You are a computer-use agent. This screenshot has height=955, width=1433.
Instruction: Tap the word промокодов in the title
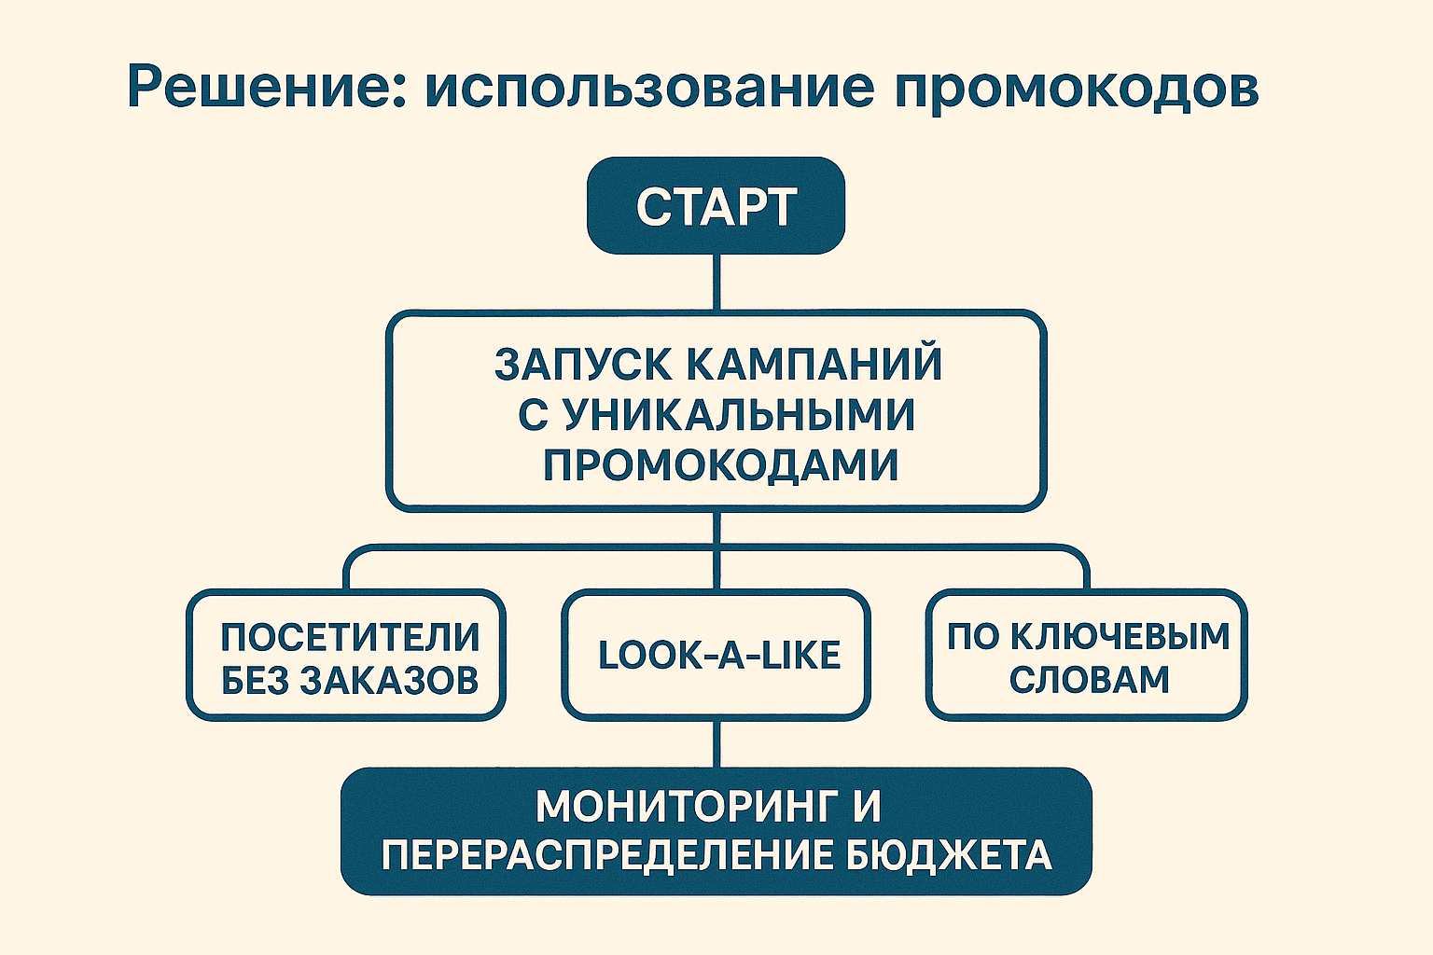coord(1077,87)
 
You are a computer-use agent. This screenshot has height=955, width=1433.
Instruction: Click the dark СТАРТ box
coord(716,206)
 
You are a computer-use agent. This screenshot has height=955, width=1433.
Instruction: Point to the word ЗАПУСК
coord(583,364)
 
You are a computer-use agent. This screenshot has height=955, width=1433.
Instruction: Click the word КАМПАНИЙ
coord(814,364)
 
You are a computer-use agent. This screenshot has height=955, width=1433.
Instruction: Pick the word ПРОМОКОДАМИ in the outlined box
coord(720,464)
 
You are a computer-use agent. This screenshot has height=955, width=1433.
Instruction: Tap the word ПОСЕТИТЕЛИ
coord(350,637)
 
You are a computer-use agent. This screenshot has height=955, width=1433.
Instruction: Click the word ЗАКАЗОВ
coord(390,681)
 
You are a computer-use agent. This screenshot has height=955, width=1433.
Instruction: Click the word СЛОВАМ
coord(1089,680)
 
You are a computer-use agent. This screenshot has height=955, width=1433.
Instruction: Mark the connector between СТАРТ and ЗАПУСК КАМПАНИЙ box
coord(716,282)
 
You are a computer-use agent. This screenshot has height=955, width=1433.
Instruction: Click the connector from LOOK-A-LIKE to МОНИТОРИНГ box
coord(716,743)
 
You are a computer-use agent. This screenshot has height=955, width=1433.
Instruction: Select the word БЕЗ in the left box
coord(254,681)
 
